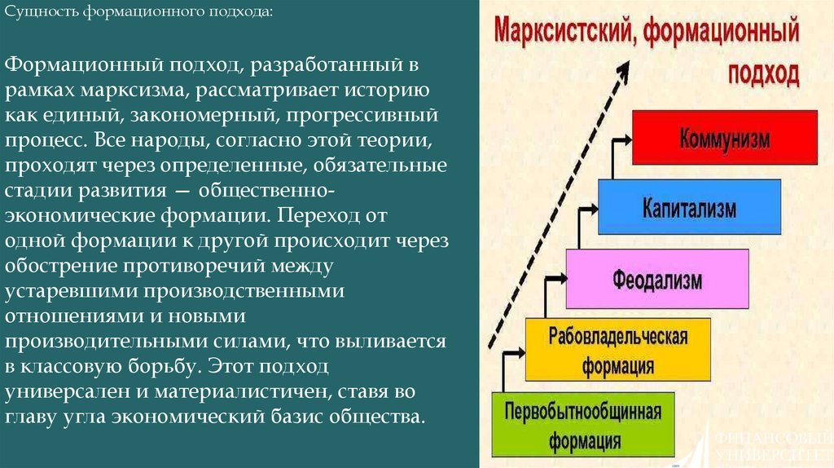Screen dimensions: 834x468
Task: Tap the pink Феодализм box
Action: [x=656, y=279]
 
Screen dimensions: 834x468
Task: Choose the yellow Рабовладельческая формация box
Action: [x=619, y=350]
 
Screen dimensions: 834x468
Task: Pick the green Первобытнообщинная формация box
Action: [x=582, y=423]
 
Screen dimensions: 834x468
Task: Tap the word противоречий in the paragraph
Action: [x=217, y=266]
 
